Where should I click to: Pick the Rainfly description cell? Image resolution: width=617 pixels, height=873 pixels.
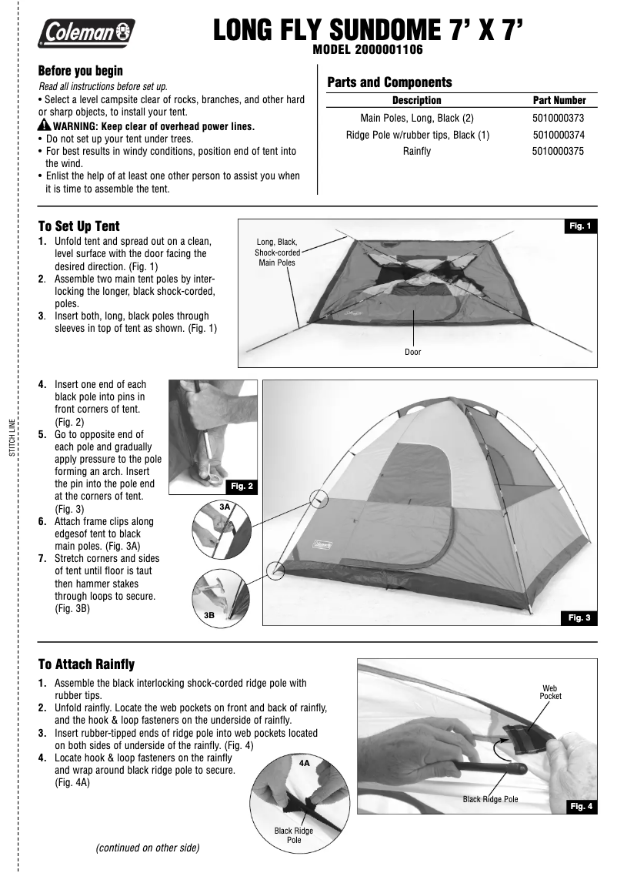click(417, 152)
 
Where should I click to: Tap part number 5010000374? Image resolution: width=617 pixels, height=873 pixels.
click(559, 135)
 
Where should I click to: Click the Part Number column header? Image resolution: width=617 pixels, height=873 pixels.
click(559, 100)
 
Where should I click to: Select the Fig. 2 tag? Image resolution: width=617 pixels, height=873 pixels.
click(242, 486)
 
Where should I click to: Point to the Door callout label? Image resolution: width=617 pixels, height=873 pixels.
click(413, 352)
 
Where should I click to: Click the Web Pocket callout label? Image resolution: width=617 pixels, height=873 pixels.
click(550, 691)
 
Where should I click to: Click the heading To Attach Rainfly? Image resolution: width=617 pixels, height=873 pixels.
click(86, 664)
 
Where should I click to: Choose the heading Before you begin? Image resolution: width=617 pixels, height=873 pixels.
click(81, 70)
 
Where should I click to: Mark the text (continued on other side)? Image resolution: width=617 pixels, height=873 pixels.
click(147, 848)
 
